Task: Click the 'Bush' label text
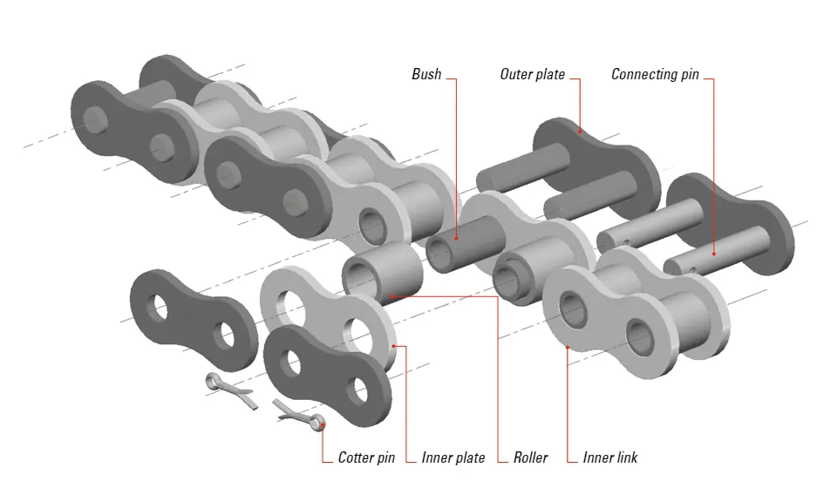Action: [426, 75]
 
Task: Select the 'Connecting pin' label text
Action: [655, 75]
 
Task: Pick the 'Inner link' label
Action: [610, 457]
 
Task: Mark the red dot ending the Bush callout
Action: [455, 235]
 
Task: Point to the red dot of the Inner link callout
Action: [568, 346]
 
